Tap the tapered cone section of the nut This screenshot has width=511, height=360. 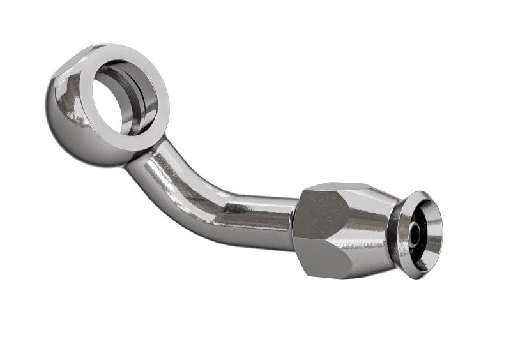click(x=370, y=223)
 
